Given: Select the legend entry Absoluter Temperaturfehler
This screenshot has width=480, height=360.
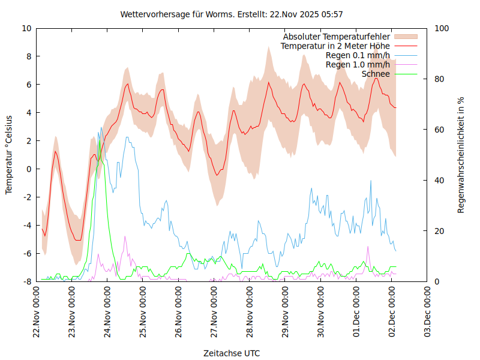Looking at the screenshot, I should [x=337, y=36].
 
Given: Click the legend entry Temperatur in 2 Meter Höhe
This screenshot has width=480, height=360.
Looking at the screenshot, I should [x=335, y=46].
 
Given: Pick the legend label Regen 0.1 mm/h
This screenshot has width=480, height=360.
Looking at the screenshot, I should [x=358, y=55].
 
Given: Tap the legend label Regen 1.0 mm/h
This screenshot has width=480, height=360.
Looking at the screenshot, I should [x=358, y=64].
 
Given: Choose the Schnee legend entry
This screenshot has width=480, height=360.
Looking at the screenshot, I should [x=376, y=74].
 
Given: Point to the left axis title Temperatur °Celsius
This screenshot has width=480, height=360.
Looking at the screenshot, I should [x=9, y=154].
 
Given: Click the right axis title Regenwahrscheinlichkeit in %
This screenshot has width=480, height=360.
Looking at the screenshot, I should [x=461, y=154].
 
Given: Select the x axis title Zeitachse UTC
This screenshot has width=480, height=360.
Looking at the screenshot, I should [x=232, y=353].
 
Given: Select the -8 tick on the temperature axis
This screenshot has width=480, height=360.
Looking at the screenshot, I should [x=27, y=281].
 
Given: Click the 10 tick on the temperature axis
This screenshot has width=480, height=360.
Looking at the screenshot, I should [x=26, y=28].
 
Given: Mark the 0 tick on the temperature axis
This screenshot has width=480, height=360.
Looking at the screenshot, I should [x=29, y=169].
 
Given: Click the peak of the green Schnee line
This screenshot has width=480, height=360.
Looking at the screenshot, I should [x=99, y=140].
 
